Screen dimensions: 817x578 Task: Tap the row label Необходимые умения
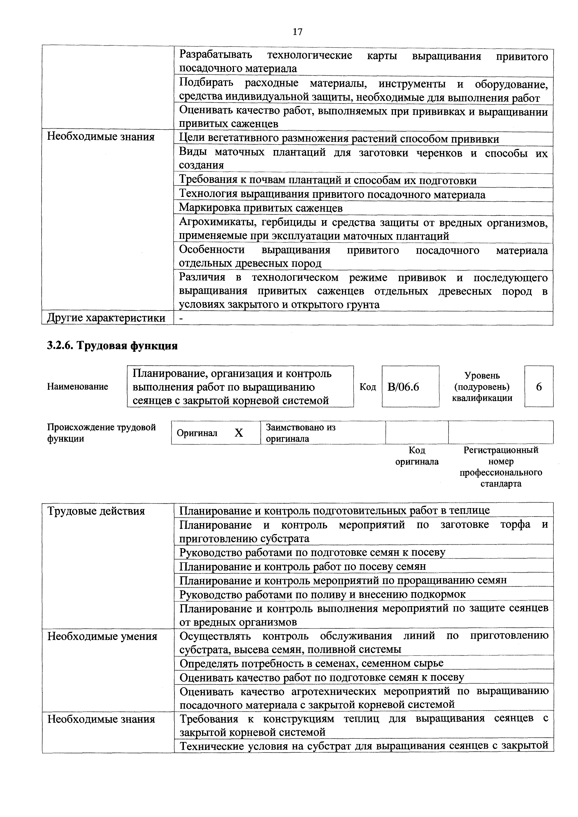(x=102, y=636)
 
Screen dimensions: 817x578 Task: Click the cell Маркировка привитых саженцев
(x=261, y=208)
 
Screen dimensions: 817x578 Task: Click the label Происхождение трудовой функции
(x=101, y=433)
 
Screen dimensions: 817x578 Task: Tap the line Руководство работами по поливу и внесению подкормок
(x=322, y=595)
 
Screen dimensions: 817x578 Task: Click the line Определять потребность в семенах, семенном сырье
(x=311, y=664)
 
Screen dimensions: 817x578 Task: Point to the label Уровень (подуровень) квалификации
(x=482, y=387)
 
